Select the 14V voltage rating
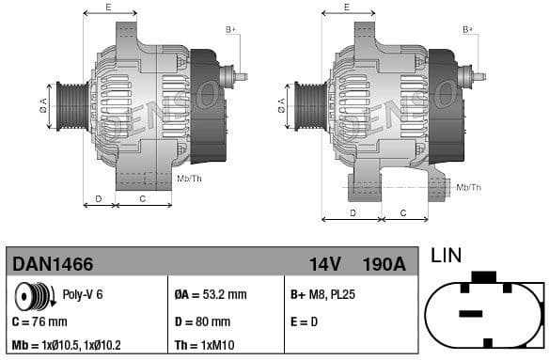tap(324, 264)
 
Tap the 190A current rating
tap(384, 264)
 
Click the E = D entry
tap(306, 321)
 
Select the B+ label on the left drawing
tap(230, 30)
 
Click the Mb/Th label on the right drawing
tap(468, 187)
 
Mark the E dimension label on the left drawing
tap(108, 8)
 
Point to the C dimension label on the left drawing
tap(142, 198)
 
